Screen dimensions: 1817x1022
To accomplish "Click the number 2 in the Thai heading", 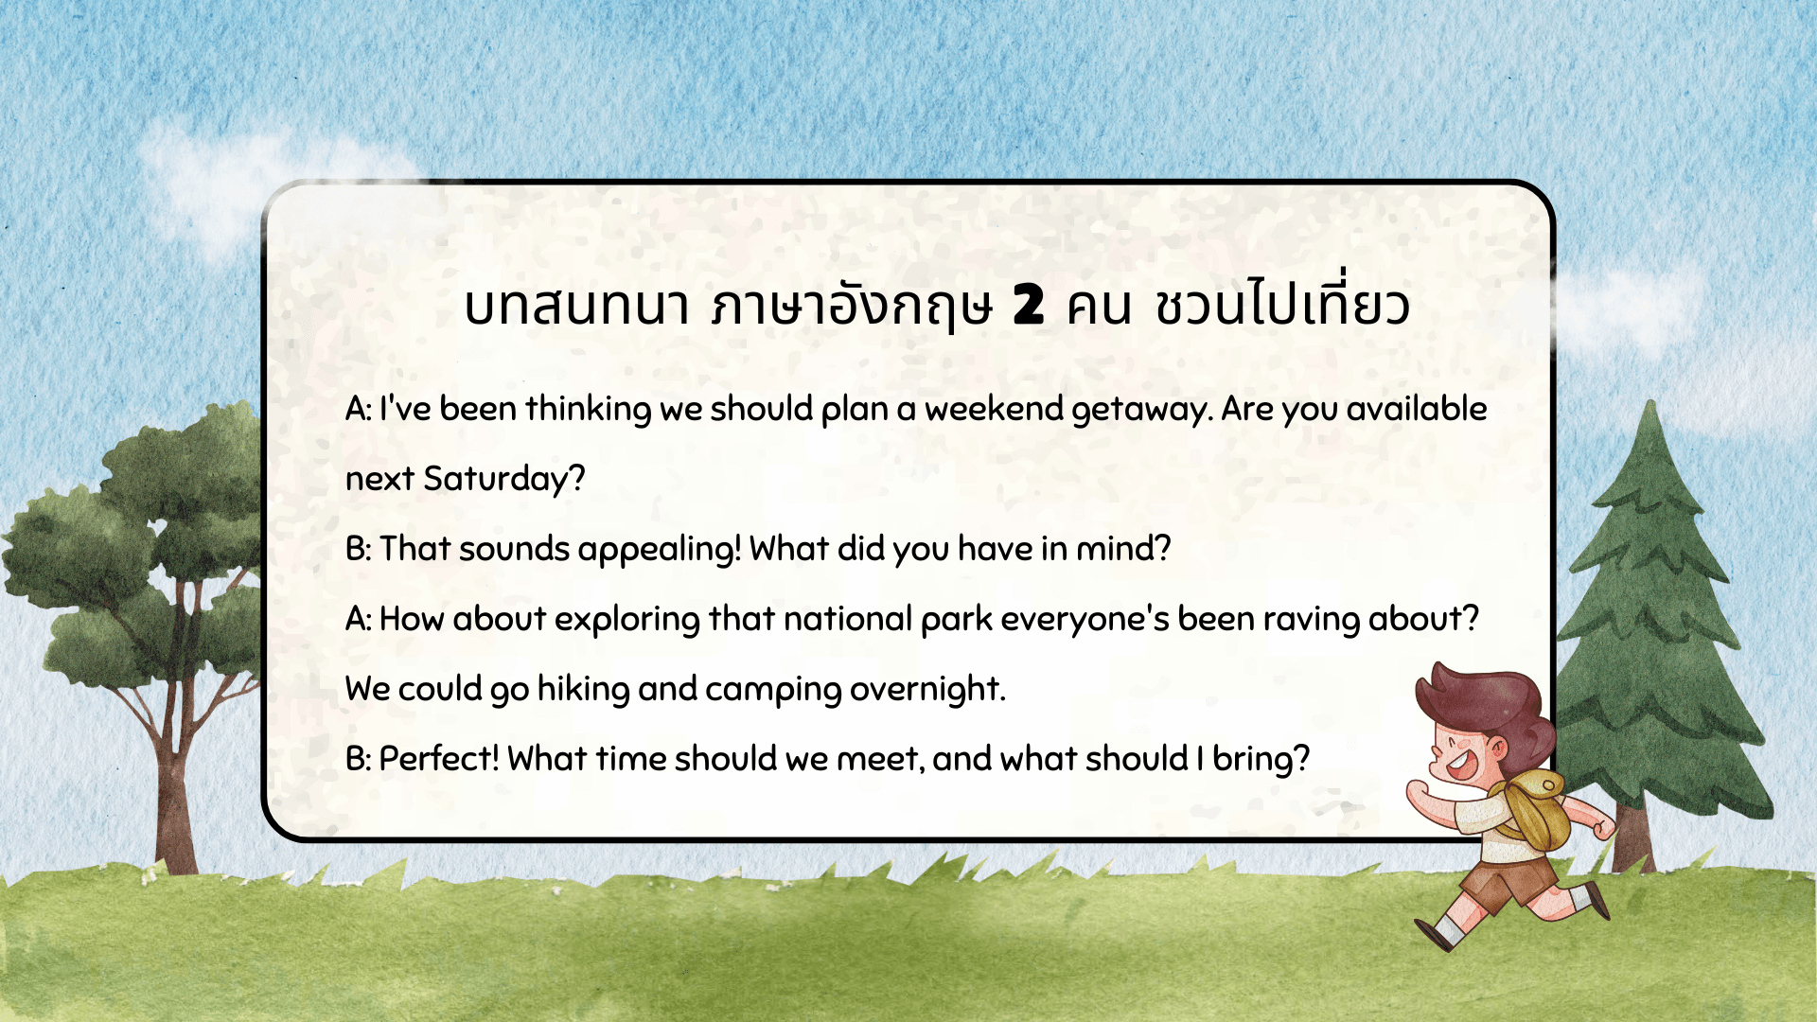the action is tap(1028, 304).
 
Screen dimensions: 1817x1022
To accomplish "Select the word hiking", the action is tap(583, 690).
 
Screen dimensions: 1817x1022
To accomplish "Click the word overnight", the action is tap(925, 690).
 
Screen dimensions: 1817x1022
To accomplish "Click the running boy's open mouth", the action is tap(1458, 762).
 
